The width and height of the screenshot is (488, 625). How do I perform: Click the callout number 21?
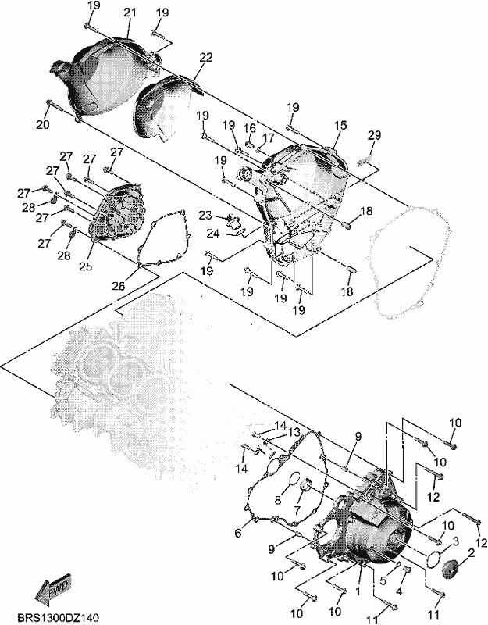point(130,12)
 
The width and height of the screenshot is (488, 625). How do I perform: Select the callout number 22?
point(206,57)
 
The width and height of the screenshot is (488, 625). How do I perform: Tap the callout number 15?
point(340,125)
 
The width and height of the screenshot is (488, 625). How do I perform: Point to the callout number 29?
point(374,135)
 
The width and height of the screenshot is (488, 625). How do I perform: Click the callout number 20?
point(43,124)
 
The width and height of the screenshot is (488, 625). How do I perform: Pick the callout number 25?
point(85,266)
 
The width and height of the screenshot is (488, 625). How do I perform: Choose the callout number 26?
point(119,286)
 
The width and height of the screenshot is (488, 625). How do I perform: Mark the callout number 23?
point(205,216)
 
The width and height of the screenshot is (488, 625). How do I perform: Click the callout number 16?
point(250,128)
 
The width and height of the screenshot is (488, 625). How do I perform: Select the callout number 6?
point(238,533)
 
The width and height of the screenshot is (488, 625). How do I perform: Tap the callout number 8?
point(278,499)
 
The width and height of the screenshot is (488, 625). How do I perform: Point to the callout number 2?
point(472,553)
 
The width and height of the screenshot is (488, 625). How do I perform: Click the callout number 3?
point(456,541)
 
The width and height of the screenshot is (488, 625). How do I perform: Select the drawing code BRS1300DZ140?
point(58,618)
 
